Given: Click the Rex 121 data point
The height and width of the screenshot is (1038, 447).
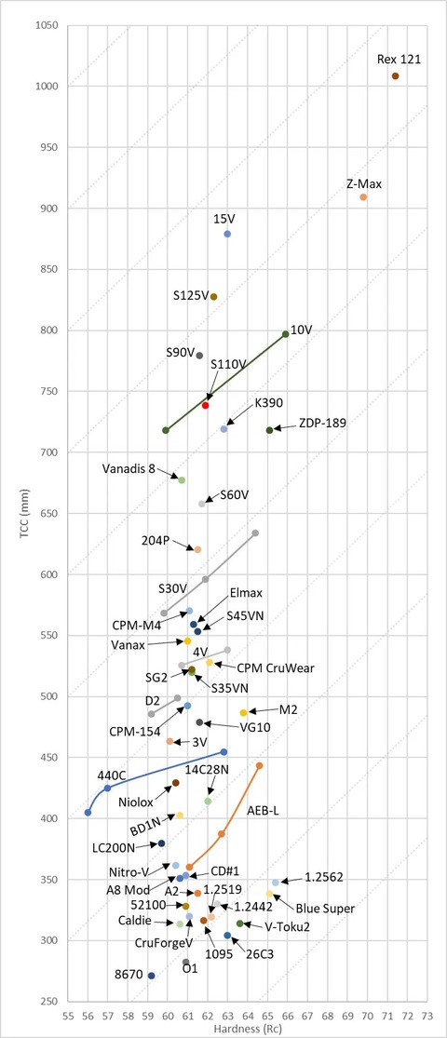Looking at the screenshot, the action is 396,76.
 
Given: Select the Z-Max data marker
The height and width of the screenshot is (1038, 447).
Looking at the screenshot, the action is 363,197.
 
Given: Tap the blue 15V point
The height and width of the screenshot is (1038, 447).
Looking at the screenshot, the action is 227,234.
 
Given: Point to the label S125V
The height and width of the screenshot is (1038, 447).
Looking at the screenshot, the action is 192,296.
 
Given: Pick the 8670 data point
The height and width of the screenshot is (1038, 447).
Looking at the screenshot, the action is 151,976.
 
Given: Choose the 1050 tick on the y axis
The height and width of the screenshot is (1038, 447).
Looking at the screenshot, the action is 47,26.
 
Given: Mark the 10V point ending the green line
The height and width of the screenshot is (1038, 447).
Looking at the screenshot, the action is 285,334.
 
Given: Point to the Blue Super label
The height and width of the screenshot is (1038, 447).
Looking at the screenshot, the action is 324,909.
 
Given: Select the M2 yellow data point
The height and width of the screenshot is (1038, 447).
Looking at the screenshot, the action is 244,713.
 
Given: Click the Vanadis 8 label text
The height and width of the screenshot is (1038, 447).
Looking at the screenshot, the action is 129,468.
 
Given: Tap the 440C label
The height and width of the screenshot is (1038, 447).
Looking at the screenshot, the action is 109,775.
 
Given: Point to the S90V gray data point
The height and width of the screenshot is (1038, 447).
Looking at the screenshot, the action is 199,356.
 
